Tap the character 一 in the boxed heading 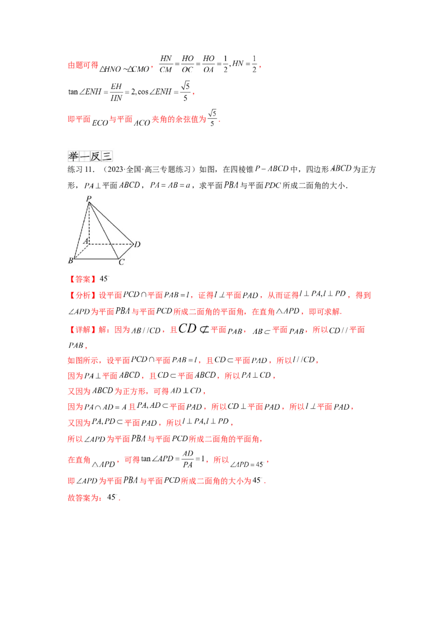(x=85, y=157)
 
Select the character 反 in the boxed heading (x=97, y=157)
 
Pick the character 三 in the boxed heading (x=108, y=157)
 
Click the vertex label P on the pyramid (x=88, y=198)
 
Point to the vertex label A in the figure (x=85, y=242)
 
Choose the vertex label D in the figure (x=137, y=244)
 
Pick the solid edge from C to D (x=126, y=251)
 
